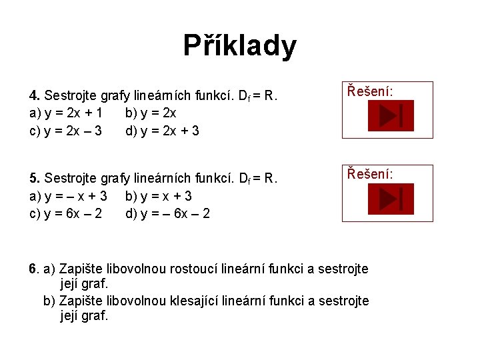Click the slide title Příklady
click(x=240, y=46)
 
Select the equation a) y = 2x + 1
click(x=65, y=113)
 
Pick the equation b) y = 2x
click(x=151, y=113)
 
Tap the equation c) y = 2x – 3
click(x=65, y=131)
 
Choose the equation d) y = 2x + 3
click(x=162, y=131)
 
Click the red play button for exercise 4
click(x=391, y=116)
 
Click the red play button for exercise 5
click(x=391, y=199)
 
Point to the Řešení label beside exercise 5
click(x=369, y=175)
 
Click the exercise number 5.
click(x=34, y=179)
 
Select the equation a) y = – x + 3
click(x=69, y=196)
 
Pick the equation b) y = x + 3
click(x=159, y=196)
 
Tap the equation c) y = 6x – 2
click(x=65, y=213)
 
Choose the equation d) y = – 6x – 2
click(x=167, y=213)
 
